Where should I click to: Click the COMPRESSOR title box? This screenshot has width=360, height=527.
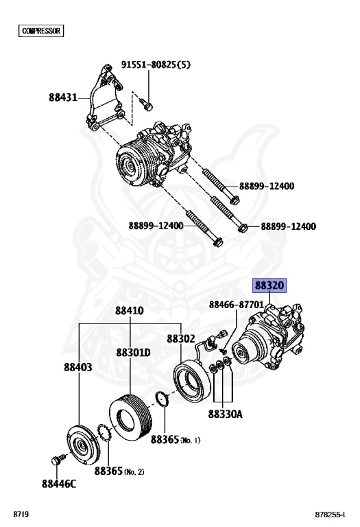[x=41, y=31]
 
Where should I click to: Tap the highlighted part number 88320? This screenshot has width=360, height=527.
[x=269, y=285]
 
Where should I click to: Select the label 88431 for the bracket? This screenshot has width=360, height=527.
[x=63, y=97]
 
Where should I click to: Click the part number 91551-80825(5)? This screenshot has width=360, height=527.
[x=156, y=65]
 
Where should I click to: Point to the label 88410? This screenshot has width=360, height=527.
[x=130, y=310]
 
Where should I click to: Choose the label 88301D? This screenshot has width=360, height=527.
[x=133, y=352]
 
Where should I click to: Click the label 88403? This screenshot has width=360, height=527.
[x=78, y=367]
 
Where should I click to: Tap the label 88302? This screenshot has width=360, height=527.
[x=180, y=338]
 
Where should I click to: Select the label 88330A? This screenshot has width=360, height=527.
[x=225, y=414]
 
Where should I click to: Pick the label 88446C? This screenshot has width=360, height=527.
[x=59, y=484]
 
